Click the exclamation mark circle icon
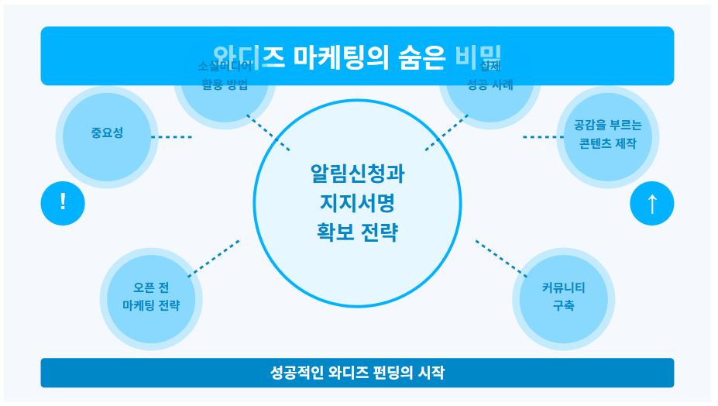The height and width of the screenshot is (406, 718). (x=63, y=203)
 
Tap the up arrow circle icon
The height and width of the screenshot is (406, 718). (x=651, y=204)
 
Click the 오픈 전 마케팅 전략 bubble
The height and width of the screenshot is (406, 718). (x=151, y=298)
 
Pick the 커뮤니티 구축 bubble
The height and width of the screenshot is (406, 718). (x=563, y=298)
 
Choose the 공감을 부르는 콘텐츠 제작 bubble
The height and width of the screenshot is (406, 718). (x=607, y=135)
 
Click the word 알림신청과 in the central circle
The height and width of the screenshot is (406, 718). (x=357, y=173)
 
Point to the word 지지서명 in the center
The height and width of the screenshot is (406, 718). (x=357, y=203)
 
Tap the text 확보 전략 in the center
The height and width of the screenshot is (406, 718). (x=357, y=232)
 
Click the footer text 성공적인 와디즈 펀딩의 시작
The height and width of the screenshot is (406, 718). (x=357, y=373)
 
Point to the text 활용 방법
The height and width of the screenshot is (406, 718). (x=225, y=85)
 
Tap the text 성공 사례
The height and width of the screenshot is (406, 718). (x=490, y=85)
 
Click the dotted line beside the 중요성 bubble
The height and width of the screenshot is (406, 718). (x=171, y=137)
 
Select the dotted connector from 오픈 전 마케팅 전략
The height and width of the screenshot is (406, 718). (x=213, y=258)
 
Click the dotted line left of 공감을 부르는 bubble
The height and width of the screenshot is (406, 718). (x=542, y=137)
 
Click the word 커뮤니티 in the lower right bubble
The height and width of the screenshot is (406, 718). (x=563, y=288)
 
